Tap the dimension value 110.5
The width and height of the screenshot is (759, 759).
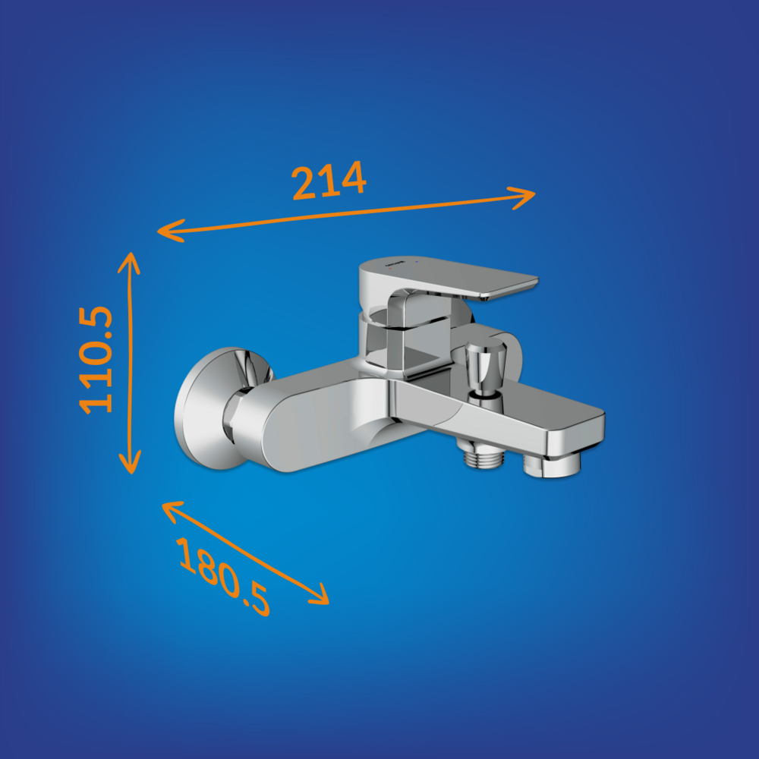96,360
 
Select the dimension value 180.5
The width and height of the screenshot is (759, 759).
223,576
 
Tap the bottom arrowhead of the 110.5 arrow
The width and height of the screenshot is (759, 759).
131,462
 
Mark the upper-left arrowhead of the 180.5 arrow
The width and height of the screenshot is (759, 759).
172,511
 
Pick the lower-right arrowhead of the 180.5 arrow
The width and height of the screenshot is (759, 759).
320,595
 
